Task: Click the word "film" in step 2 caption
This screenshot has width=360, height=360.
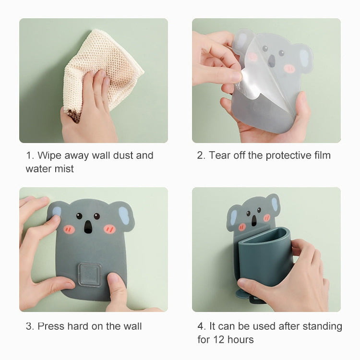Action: coord(321,156)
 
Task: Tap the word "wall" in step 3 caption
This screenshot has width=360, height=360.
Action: coord(132,326)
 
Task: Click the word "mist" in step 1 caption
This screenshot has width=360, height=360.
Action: coord(64,169)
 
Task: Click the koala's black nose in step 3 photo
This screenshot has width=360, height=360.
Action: coord(88,227)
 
